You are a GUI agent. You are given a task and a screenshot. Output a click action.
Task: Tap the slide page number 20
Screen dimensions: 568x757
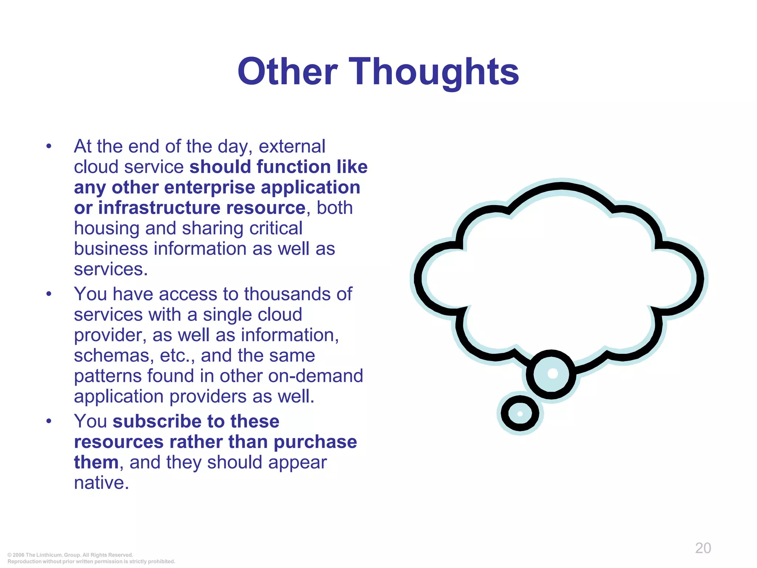(x=703, y=548)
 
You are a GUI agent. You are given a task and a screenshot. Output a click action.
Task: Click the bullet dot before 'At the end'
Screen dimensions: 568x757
(x=49, y=147)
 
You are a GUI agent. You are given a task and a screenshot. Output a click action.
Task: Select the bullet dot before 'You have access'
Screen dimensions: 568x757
(x=49, y=294)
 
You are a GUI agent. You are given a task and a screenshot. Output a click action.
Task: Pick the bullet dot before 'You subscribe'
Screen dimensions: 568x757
(x=49, y=422)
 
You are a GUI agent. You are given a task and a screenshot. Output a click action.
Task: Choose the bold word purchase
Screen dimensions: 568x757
(x=315, y=442)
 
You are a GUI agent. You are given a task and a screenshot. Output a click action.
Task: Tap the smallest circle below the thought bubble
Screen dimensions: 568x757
(x=520, y=413)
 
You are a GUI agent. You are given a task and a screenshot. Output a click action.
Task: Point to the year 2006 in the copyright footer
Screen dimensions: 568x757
(x=18, y=555)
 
